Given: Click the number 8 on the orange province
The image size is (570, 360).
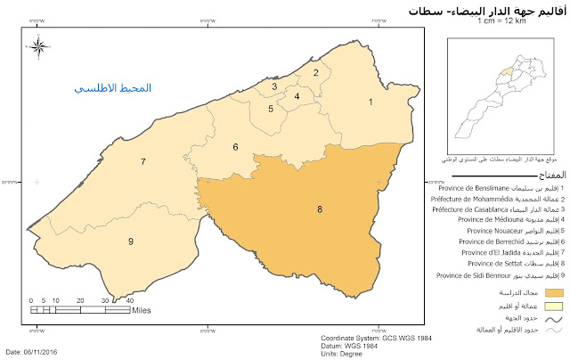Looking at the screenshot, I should (x=295, y=209).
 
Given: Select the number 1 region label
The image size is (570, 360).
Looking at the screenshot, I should (x=370, y=102).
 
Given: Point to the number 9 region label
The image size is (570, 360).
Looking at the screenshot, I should (x=130, y=241).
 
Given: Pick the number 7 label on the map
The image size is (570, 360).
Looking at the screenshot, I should (x=142, y=161).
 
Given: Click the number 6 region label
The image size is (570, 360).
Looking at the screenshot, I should (x=235, y=146).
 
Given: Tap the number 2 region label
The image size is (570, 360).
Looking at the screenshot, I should (x=315, y=71).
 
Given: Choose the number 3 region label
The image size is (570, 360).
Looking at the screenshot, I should (x=274, y=86).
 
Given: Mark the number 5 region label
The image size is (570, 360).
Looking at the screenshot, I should (x=271, y=108).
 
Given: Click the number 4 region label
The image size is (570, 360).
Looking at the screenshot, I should (x=296, y=94).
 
